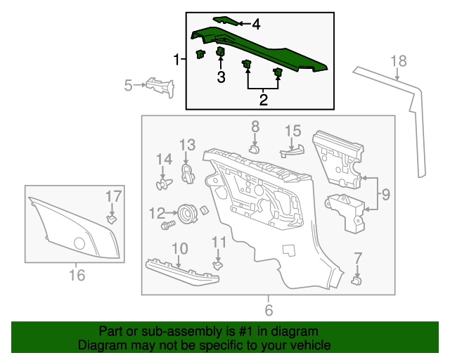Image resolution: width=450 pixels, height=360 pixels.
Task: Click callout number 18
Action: click(x=399, y=61)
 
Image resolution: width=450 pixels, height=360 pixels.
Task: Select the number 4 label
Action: click(x=256, y=25)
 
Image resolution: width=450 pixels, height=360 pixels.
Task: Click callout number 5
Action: click(x=128, y=86)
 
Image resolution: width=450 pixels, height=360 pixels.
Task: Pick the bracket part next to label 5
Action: click(x=160, y=88)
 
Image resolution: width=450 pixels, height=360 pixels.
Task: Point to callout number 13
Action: click(x=186, y=145)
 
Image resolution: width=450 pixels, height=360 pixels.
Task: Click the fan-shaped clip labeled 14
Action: click(x=164, y=183)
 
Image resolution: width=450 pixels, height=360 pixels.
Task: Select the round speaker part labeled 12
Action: click(x=187, y=212)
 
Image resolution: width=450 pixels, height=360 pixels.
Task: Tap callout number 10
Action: click(x=180, y=248)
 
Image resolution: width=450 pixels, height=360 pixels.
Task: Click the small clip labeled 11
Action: click(x=218, y=265)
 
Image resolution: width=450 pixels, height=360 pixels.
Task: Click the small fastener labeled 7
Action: click(x=356, y=281)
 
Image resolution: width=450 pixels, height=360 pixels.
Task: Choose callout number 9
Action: click(x=385, y=193)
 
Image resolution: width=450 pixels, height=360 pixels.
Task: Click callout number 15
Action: click(x=292, y=131)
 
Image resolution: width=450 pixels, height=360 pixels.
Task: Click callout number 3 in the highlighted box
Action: click(x=221, y=77)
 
